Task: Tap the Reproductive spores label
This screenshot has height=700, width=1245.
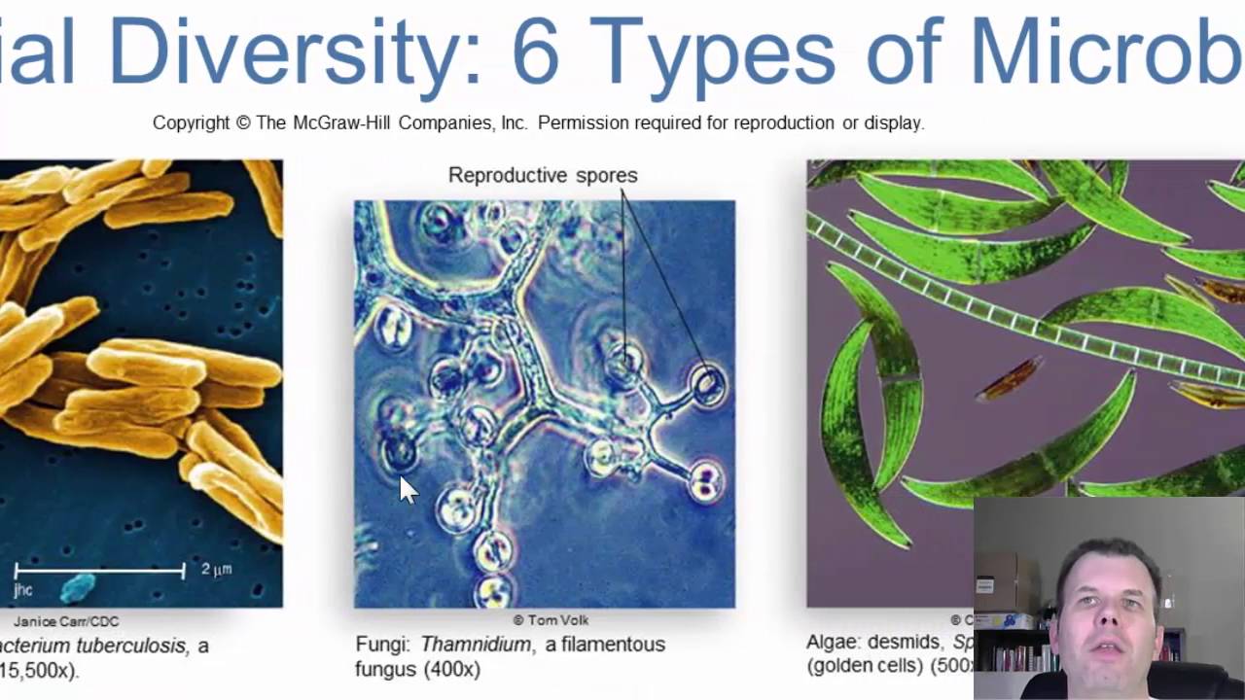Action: tap(543, 175)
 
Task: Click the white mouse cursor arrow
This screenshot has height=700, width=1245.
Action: tap(407, 489)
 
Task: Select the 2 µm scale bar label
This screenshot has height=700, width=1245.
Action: tap(216, 570)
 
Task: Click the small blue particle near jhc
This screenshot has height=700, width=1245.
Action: tap(79, 587)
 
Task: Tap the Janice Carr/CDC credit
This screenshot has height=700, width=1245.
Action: tap(66, 621)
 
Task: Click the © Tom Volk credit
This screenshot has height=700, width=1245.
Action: tap(551, 620)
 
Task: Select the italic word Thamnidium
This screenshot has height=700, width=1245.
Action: tap(476, 645)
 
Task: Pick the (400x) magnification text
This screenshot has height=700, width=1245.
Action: tap(453, 670)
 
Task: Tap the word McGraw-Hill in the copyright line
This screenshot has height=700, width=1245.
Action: tap(338, 123)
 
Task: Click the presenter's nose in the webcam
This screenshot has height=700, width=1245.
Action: tap(1106, 616)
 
